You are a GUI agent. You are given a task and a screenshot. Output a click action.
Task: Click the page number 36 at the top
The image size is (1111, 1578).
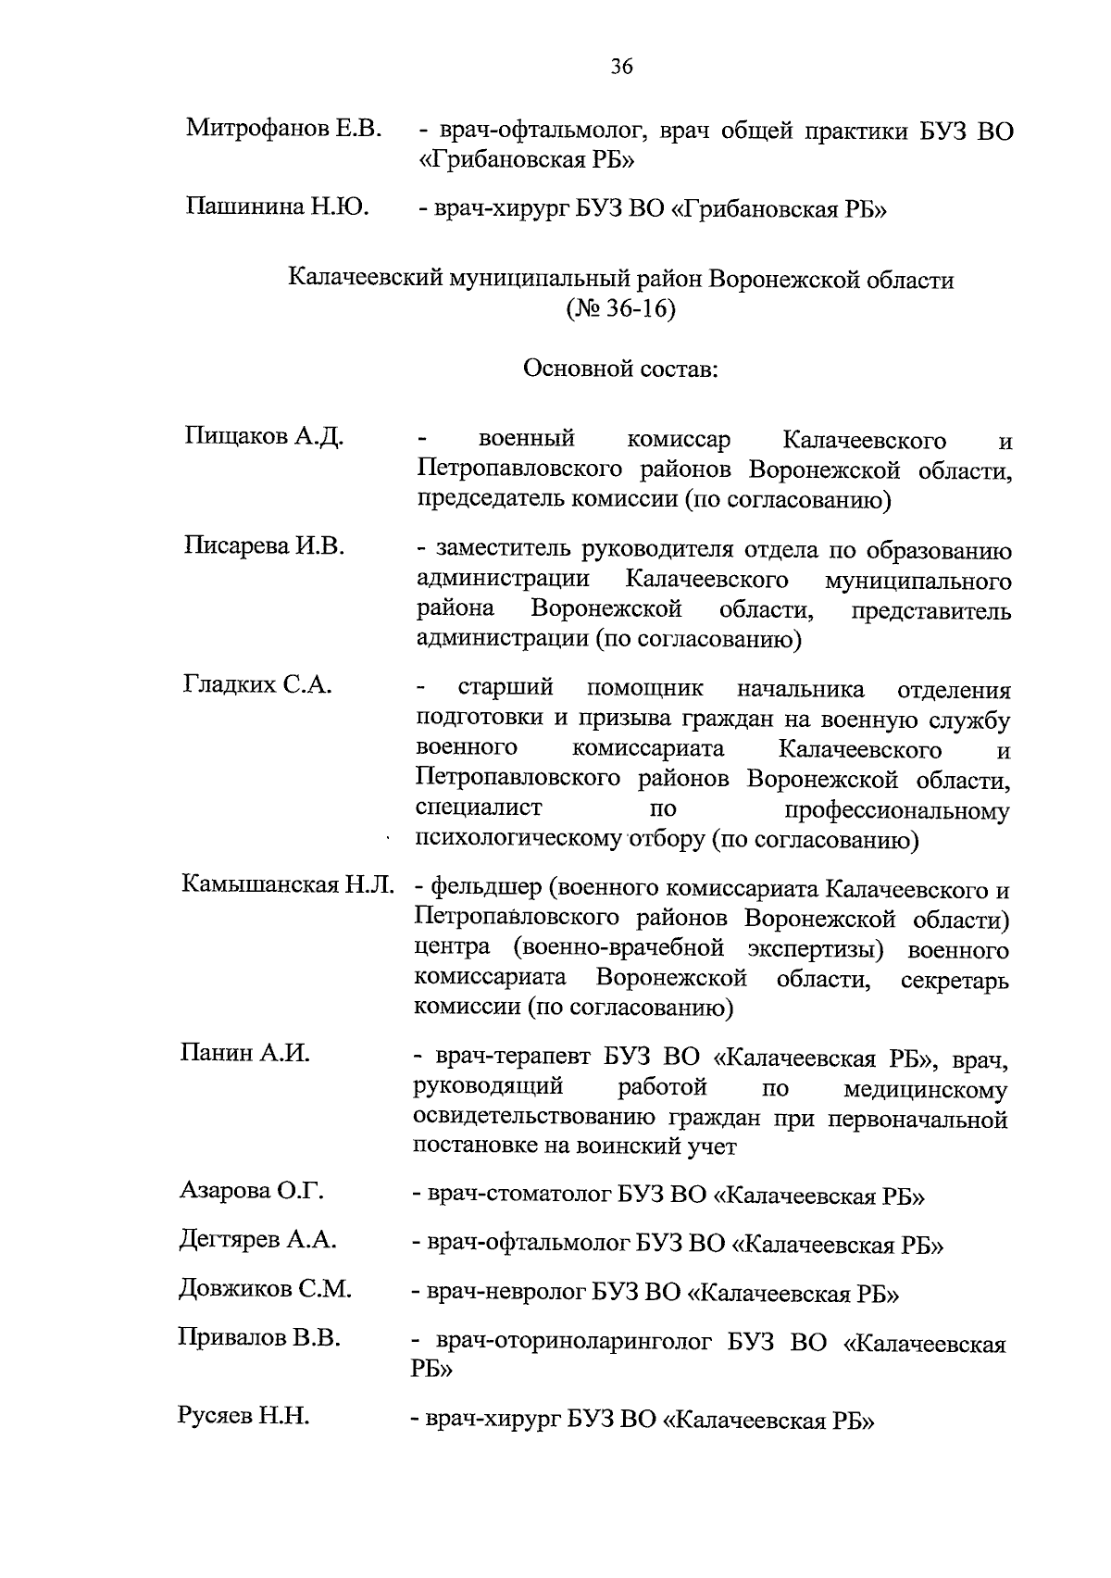[x=621, y=66]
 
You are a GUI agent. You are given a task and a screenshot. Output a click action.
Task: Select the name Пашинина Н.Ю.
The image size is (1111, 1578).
[x=278, y=206]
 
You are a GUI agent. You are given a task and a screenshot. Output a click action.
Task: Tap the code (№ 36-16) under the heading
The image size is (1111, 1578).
[x=620, y=308]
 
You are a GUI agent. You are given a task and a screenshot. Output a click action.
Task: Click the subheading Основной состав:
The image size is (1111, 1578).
[x=620, y=369]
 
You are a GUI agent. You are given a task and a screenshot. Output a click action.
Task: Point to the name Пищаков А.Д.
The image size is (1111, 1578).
[x=264, y=437]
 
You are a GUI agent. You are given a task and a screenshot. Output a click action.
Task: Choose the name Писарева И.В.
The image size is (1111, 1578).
[x=264, y=546]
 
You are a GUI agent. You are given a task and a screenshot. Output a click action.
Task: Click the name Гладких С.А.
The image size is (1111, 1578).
[x=257, y=685]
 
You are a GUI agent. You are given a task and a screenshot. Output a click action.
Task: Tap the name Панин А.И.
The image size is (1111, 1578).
[x=244, y=1053]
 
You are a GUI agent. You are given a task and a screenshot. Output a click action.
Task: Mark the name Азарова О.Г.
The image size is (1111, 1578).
[x=251, y=1191]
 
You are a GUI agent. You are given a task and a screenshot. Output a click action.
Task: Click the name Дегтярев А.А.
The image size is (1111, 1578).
[x=257, y=1240]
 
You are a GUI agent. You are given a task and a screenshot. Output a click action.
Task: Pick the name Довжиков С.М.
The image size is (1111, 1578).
[x=265, y=1289]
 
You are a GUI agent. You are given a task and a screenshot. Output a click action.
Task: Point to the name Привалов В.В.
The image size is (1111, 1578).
[x=259, y=1339]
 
